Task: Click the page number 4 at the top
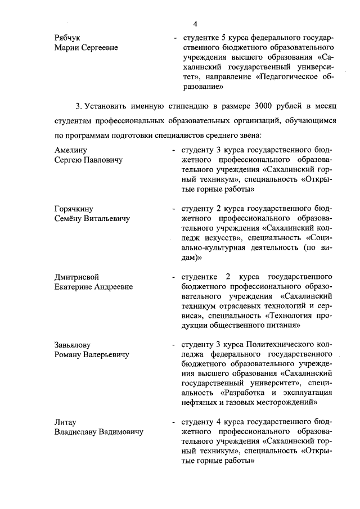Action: tap(194, 24)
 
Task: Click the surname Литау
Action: tap(65, 422)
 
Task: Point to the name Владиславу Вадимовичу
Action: tap(98, 432)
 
